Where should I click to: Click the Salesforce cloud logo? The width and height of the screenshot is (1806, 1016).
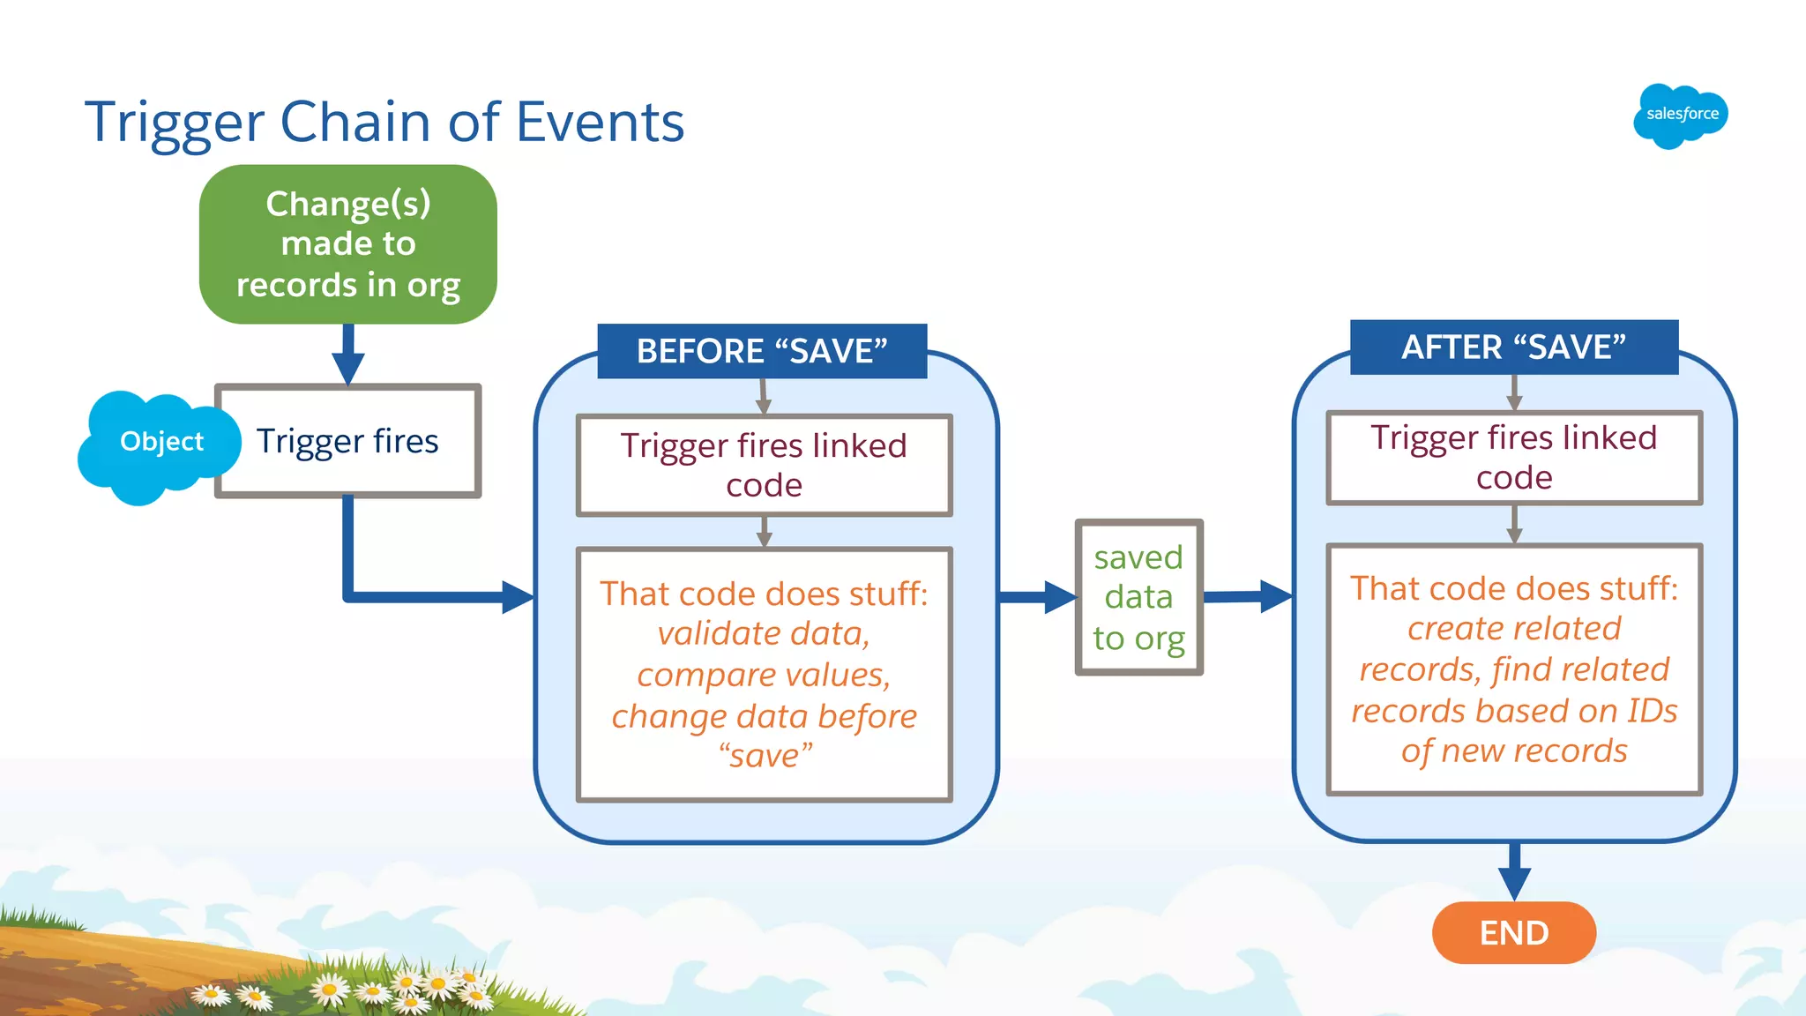pyautogui.click(x=1680, y=116)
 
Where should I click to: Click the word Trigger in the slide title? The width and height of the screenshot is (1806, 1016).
pyautogui.click(x=175, y=123)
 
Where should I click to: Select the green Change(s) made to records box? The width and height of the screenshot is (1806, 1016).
pyautogui.click(x=348, y=244)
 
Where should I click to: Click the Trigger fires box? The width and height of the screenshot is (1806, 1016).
pyautogui.click(x=348, y=441)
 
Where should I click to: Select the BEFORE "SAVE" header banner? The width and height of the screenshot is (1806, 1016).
pyautogui.click(x=762, y=351)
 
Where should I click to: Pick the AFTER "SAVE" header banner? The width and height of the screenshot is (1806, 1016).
pyautogui.click(x=1513, y=347)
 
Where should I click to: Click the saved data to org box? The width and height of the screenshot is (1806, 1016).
pyautogui.click(x=1138, y=597)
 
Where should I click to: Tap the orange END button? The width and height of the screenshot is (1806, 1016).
pyautogui.click(x=1513, y=932)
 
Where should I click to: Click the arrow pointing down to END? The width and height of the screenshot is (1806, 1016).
pyautogui.click(x=1514, y=873)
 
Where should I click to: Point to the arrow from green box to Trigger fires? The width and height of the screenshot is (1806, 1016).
pyautogui.click(x=348, y=355)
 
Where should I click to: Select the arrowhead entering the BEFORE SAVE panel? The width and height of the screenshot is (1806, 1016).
pyautogui.click(x=518, y=597)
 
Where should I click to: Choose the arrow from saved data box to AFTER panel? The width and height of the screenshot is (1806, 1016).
pyautogui.click(x=1248, y=596)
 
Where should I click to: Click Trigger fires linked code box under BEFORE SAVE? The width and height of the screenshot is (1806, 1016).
pyautogui.click(x=764, y=465)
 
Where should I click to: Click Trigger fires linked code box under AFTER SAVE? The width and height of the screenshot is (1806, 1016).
pyautogui.click(x=1513, y=457)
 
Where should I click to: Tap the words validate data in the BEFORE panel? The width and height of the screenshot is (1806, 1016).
pyautogui.click(x=764, y=633)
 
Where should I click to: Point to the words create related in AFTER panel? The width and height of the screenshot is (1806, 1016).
pyautogui.click(x=1513, y=628)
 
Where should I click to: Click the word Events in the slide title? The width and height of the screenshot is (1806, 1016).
pyautogui.click(x=600, y=122)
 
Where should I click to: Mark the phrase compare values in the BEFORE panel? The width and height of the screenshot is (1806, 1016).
pyautogui.click(x=764, y=675)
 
